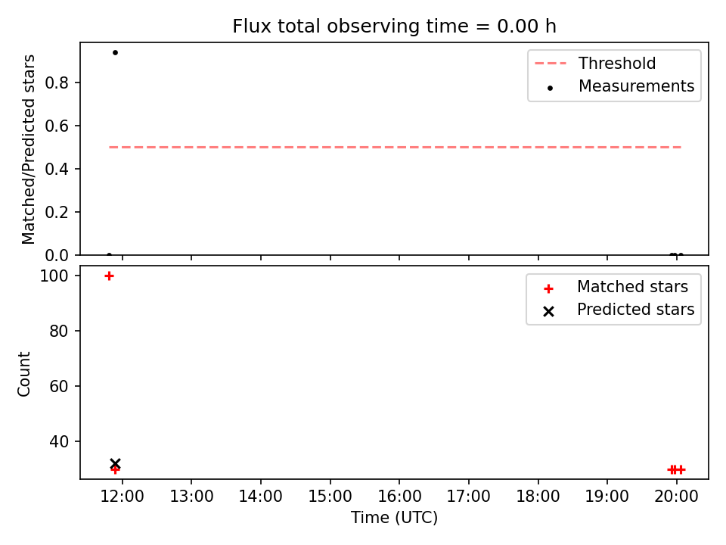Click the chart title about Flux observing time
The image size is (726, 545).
point(394,26)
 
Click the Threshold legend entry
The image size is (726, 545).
point(595,63)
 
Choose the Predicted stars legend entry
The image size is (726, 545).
point(619,310)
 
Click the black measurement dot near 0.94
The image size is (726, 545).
point(115,52)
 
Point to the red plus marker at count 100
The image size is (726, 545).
point(109,276)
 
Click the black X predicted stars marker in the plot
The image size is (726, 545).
point(115,463)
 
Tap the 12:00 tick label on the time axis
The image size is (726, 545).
point(123,497)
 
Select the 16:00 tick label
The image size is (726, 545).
point(399,497)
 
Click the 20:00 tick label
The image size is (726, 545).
point(676,497)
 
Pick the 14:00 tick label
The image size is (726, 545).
point(261,497)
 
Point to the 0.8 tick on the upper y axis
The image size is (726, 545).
point(57,83)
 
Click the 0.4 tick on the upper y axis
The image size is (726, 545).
point(57,169)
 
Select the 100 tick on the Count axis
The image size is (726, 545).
point(54,276)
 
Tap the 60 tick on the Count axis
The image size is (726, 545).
point(59,387)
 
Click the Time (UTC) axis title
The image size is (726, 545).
point(394,518)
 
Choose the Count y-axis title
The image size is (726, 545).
point(24,373)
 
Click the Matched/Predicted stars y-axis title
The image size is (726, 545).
point(28,149)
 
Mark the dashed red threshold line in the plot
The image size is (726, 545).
point(395,148)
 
